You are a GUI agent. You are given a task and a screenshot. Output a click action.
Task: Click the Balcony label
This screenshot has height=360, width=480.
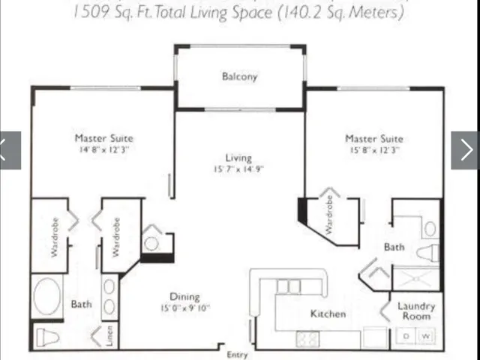(239, 76)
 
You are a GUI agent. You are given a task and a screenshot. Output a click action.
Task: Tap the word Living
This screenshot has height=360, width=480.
(238, 157)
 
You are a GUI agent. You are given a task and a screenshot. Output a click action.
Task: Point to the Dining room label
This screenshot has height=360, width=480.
(184, 297)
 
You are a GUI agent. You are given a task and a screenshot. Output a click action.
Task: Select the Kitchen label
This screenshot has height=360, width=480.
(328, 313)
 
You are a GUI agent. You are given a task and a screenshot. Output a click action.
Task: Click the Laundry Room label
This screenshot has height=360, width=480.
(416, 311)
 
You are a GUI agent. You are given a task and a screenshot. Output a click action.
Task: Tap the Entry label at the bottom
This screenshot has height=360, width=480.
(236, 355)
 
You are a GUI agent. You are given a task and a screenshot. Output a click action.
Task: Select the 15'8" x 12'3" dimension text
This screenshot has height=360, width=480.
(373, 150)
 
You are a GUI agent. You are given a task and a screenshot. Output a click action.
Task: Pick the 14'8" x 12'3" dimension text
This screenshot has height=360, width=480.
(103, 150)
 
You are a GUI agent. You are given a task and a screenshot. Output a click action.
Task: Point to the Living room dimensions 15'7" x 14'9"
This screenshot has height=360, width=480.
(238, 169)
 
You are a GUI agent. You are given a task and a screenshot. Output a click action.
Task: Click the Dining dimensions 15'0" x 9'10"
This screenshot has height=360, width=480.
(184, 308)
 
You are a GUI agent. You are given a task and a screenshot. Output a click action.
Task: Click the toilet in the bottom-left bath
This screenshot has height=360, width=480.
(47, 337)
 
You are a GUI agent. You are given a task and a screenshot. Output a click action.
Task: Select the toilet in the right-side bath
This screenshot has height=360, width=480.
(427, 253)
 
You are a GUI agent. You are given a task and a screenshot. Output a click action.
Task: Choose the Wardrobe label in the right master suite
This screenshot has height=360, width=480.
(328, 214)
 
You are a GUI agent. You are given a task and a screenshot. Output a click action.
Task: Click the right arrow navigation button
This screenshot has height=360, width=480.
(465, 150)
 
